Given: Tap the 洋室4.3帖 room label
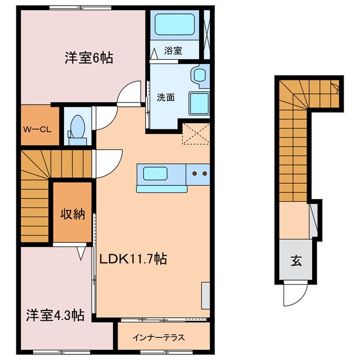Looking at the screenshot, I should pyautogui.click(x=55, y=315).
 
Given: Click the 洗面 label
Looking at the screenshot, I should pyautogui.click(x=165, y=97).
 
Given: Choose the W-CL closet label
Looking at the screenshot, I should pyautogui.click(x=37, y=128).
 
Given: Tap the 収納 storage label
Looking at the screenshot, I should pyautogui.click(x=73, y=214).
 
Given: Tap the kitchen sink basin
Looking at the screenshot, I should pyautogui.click(x=156, y=174).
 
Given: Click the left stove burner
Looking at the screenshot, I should pyautogui.click(x=196, y=173).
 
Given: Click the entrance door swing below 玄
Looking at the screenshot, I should pyautogui.click(x=295, y=292).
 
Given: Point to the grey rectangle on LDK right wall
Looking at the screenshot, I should pyautogui.click(x=205, y=295).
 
